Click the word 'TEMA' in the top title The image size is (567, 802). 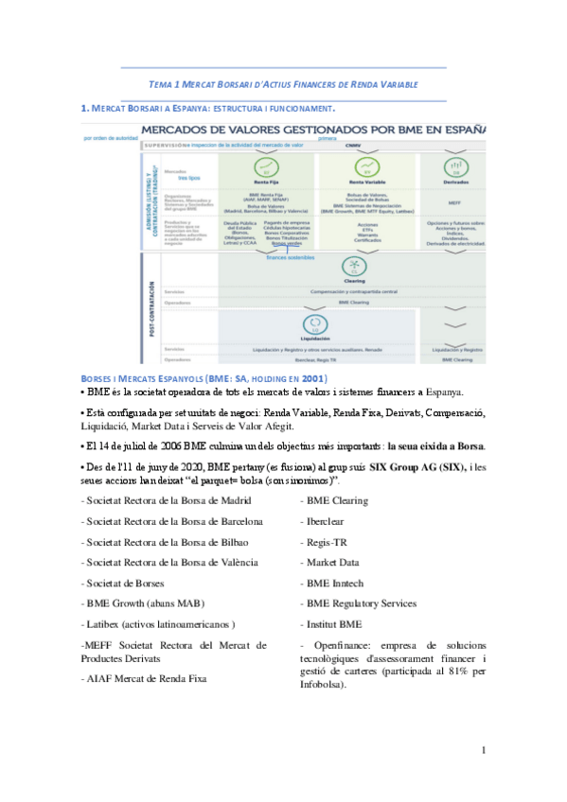click(162, 84)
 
